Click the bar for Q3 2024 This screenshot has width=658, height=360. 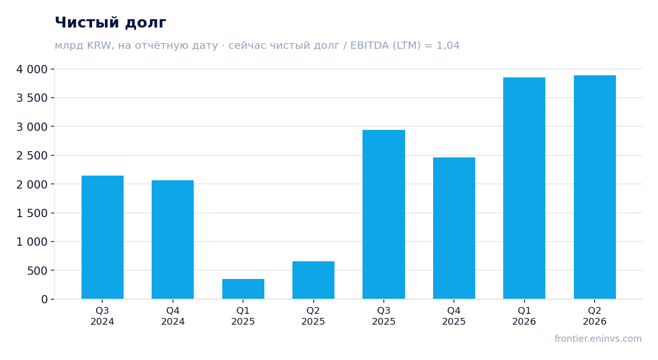[102, 237]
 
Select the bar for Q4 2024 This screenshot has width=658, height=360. [173, 239]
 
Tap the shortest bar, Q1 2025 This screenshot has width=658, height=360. [243, 289]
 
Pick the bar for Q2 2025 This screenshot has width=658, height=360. [314, 280]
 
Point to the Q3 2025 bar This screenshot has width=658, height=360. [384, 214]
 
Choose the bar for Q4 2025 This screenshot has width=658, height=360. [454, 228]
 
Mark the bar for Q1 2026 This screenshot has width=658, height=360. [525, 188]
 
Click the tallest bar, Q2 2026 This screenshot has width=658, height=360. [595, 187]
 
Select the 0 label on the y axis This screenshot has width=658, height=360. [44, 299]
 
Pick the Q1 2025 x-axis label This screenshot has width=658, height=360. [243, 316]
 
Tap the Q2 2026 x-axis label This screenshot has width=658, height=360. [595, 316]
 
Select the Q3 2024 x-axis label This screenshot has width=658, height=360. [102, 316]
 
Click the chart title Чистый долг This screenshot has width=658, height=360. [111, 23]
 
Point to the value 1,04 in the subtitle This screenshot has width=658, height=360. [448, 46]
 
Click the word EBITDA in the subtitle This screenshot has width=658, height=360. [370, 46]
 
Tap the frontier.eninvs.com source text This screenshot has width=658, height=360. [598, 339]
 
